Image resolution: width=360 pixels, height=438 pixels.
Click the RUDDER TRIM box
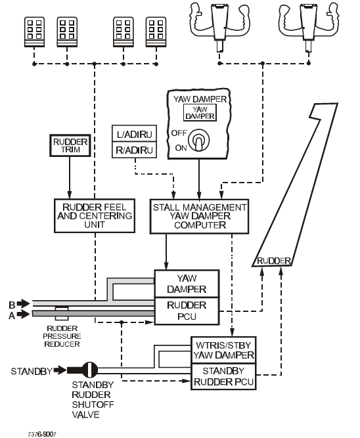[x=70, y=146]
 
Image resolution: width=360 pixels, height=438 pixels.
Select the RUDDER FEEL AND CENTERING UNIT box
[x=95, y=215]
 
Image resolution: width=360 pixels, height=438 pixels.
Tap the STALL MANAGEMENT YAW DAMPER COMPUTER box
[x=199, y=216]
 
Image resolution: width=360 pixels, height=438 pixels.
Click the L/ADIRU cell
[x=134, y=134]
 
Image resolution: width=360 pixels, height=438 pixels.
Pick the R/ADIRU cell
[x=134, y=150]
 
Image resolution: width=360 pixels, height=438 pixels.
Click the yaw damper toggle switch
[x=199, y=141]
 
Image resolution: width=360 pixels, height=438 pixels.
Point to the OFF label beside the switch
[x=179, y=133]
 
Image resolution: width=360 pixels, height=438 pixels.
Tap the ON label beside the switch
[x=181, y=148]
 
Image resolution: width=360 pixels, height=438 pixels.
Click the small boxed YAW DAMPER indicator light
[x=200, y=112]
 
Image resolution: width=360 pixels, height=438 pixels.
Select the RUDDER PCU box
[x=187, y=311]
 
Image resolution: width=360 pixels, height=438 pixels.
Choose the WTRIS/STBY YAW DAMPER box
[x=223, y=350]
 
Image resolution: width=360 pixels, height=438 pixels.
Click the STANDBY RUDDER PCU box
[x=223, y=376]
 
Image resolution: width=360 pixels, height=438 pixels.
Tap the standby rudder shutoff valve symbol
[x=89, y=370]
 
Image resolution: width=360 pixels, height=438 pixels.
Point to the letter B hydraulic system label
[x=12, y=304]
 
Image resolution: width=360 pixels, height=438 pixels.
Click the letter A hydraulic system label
[x=12, y=316]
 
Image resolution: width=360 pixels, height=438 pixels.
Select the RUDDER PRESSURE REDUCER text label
[x=62, y=336]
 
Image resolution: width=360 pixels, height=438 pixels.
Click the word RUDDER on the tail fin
[x=274, y=261]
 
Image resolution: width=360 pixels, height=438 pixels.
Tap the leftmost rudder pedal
[x=34, y=32]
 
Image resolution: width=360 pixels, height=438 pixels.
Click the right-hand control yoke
[x=308, y=25]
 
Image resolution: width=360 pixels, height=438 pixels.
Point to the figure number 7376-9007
[x=42, y=434]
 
